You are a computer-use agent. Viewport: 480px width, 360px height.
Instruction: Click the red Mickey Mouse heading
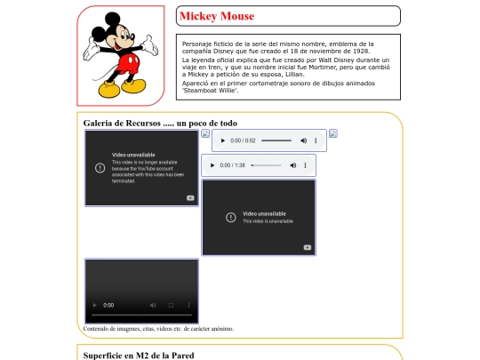click(x=216, y=16)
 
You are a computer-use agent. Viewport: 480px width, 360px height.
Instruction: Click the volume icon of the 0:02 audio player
click(x=304, y=140)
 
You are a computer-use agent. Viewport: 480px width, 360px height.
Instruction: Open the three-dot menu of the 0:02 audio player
click(x=317, y=140)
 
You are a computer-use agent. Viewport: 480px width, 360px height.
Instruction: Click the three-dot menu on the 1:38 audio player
click(x=305, y=165)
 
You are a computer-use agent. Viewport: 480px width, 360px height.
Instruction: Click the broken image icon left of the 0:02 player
click(x=205, y=134)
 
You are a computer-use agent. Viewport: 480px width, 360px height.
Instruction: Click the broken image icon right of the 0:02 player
click(x=333, y=134)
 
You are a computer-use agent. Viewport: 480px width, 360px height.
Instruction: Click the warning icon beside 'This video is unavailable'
click(x=231, y=217)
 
